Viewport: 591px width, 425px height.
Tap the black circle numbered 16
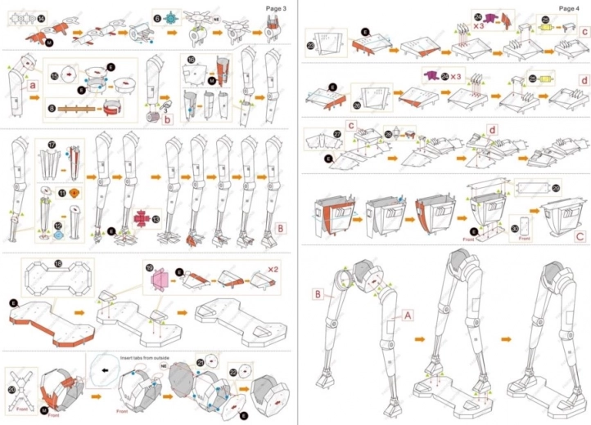pos(191,60)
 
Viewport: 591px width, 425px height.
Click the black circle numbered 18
pos(57,263)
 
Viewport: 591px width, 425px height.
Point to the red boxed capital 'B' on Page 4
pos(315,293)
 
